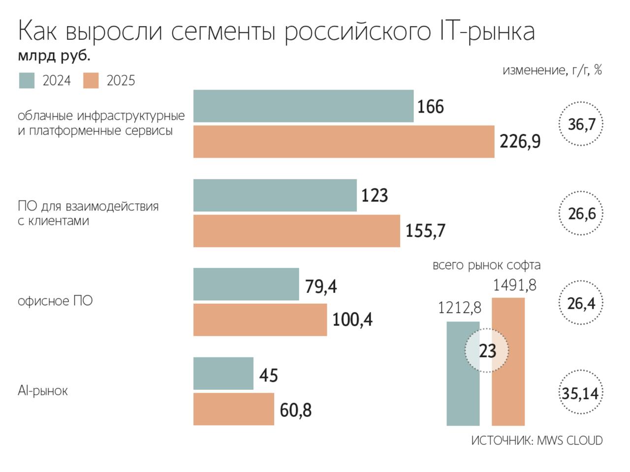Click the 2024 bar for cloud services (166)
pos(303,106)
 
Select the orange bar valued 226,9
pos(344,142)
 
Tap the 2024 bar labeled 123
pos(275,195)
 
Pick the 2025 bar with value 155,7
pos(296,231)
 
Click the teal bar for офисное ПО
pos(246,284)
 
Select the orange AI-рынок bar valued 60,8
pos(233,409)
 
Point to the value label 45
pos(269,375)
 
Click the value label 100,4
pos(352,320)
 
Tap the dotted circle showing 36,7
pos(581,124)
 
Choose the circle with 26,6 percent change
pos(581,214)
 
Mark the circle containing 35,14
pos(581,393)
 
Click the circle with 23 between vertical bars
pos(487,351)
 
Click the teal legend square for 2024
pos(27,81)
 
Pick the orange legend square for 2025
pos(91,81)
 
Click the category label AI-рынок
pos(43,391)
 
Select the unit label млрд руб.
pos(54,57)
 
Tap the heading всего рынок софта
pos(486,265)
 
